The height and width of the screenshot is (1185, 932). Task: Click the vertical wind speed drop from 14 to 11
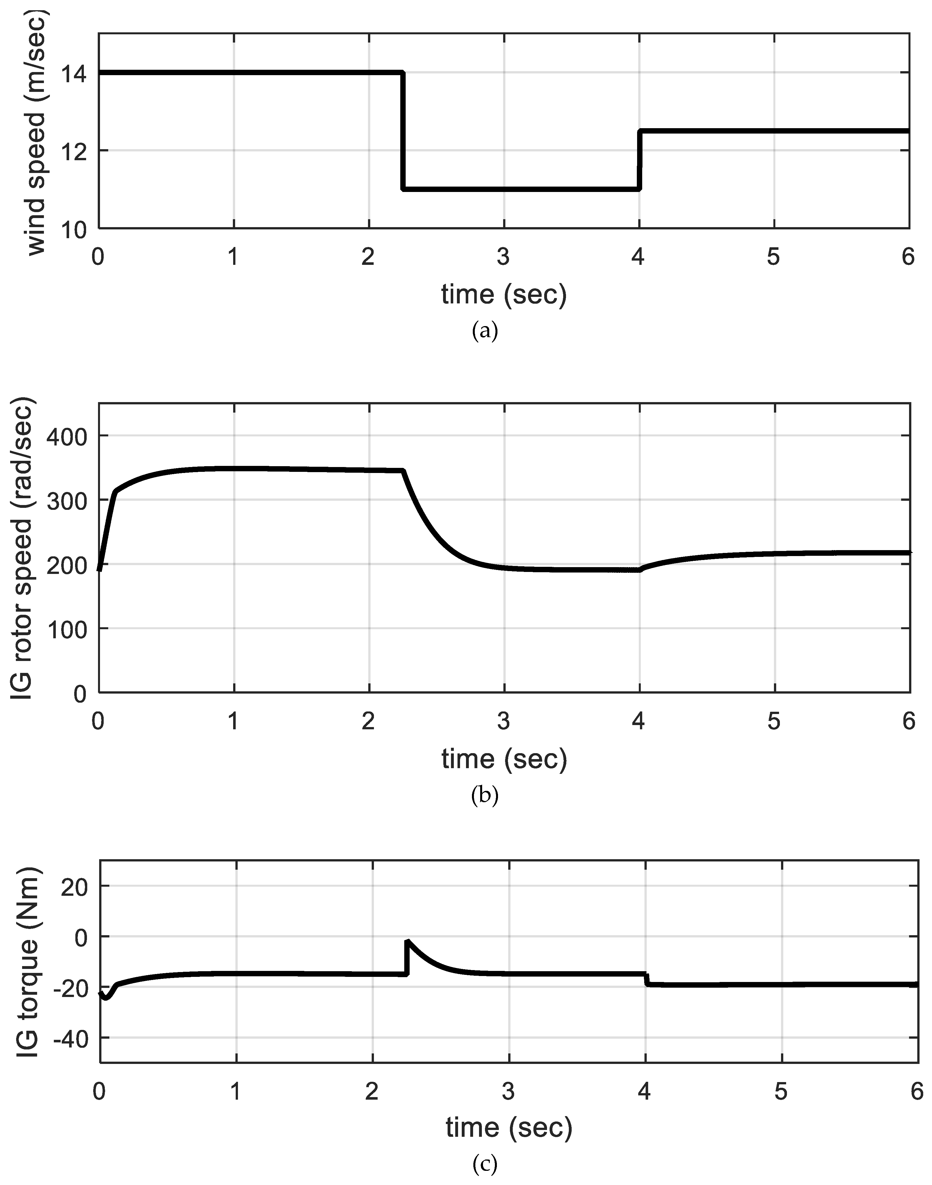point(403,131)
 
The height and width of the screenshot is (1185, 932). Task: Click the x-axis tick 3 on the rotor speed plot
point(503,722)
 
